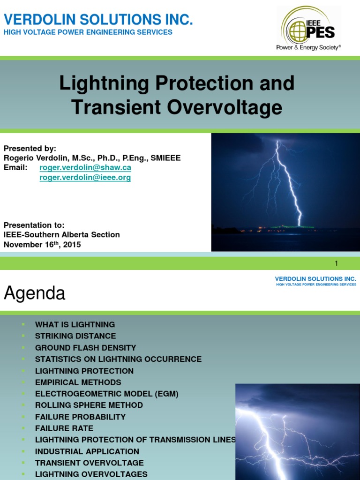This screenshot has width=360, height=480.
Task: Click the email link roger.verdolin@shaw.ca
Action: (x=85, y=167)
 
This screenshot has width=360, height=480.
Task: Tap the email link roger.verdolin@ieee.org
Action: (x=85, y=178)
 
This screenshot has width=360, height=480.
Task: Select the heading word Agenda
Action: (x=35, y=293)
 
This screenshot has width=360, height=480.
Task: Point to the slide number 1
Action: (x=336, y=263)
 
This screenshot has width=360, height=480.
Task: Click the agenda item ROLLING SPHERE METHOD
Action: (x=89, y=405)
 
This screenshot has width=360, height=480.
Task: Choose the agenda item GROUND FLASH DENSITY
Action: (x=85, y=348)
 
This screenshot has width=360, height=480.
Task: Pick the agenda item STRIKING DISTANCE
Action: (x=75, y=336)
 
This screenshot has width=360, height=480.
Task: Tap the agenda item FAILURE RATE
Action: (x=64, y=428)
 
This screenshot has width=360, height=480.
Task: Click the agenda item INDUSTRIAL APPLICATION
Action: (x=87, y=451)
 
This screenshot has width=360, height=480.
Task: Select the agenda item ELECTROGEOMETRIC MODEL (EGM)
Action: (x=107, y=394)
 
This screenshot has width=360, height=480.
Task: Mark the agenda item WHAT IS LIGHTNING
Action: (x=75, y=324)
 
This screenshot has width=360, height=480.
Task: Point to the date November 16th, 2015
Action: (x=42, y=244)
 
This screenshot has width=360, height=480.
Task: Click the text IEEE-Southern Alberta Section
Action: (x=62, y=234)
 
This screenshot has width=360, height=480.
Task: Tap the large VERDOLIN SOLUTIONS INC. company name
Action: (x=98, y=20)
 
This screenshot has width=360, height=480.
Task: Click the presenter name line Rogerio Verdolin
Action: (x=92, y=158)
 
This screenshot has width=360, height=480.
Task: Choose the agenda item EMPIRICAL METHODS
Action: (x=78, y=382)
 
